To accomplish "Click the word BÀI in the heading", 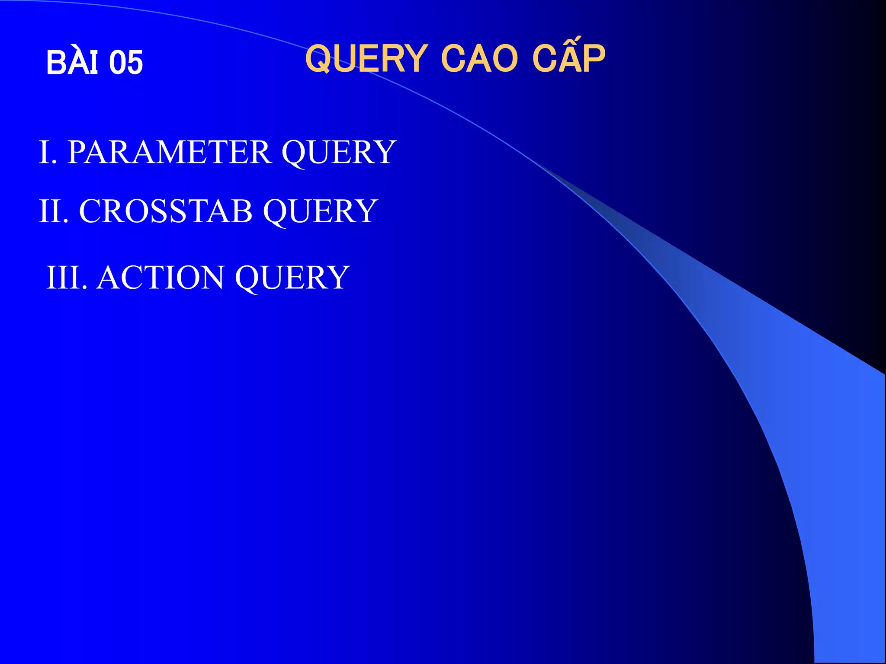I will [72, 63].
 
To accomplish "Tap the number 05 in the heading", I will [125, 63].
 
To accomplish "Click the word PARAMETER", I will [170, 152].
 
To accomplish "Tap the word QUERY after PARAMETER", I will [339, 152].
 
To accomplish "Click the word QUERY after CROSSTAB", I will [320, 211].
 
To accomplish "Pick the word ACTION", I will [161, 278].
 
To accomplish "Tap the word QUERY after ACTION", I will [292, 278].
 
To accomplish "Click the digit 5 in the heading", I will [134, 63].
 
